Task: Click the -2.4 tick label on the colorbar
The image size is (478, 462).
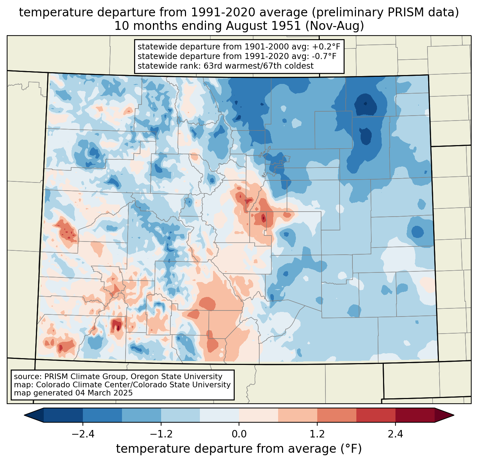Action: click(83, 434)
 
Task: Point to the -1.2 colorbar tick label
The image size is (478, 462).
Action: click(161, 434)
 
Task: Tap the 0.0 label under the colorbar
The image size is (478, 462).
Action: click(239, 434)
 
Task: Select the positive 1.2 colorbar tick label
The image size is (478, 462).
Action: click(317, 434)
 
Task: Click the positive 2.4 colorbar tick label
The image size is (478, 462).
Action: click(395, 434)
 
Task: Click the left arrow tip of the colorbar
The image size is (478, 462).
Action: click(24, 415)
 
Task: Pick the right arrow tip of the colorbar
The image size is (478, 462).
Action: click(454, 415)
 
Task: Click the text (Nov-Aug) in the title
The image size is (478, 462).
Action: click(334, 26)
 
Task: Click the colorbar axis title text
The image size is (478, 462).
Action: click(239, 449)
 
